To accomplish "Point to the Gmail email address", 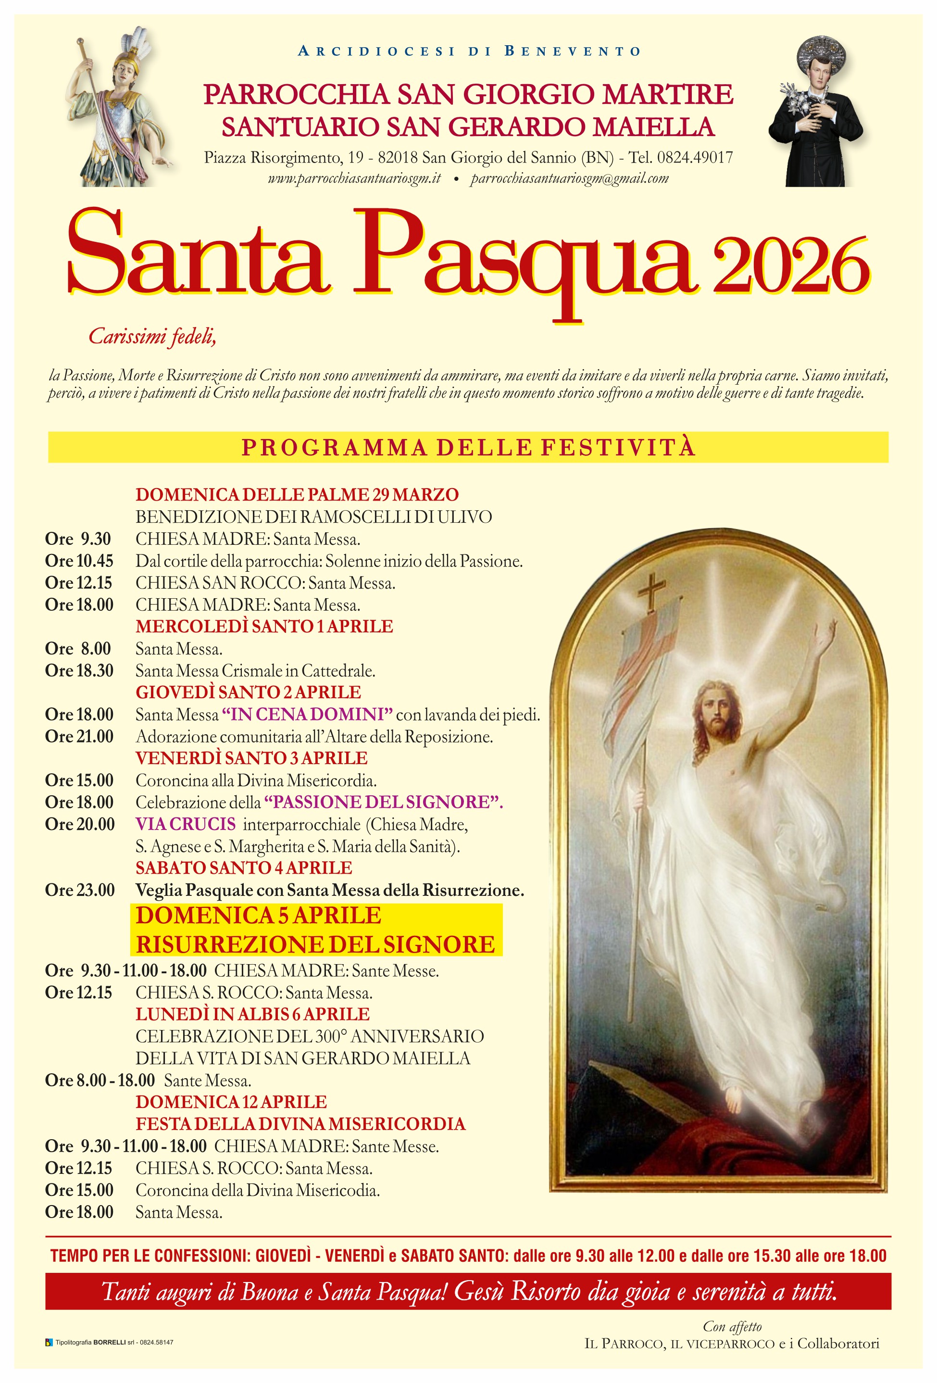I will point(569,178).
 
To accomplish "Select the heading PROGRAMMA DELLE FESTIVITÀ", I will point(468,447).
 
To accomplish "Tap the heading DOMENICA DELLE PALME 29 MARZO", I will point(297,494).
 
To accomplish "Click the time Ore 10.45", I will point(79,561).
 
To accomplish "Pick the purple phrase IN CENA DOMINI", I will point(307,714).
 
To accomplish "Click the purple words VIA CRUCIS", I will point(186,824).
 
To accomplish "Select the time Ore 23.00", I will point(80,890).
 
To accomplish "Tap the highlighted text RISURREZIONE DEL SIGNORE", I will point(315,944).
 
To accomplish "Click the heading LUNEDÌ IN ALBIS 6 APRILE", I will point(252,1014).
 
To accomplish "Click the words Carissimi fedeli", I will point(152,337).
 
